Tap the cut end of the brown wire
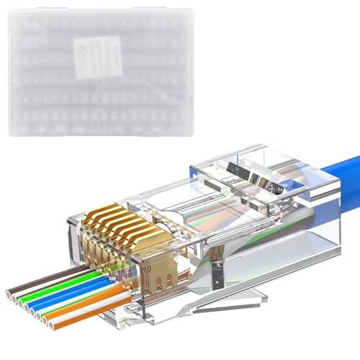coord(10,293)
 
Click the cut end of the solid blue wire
coord(27,307)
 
